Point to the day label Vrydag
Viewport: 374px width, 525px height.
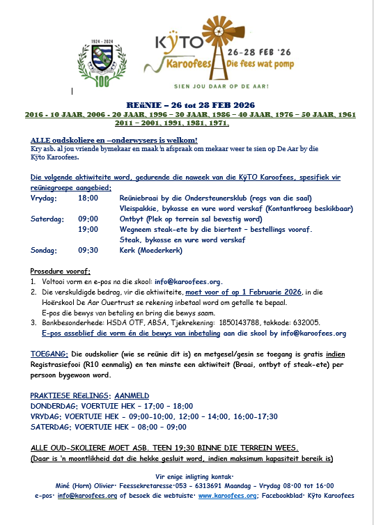[43, 198]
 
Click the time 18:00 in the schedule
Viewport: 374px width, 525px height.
[88, 198]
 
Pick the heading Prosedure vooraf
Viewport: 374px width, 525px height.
[61, 271]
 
